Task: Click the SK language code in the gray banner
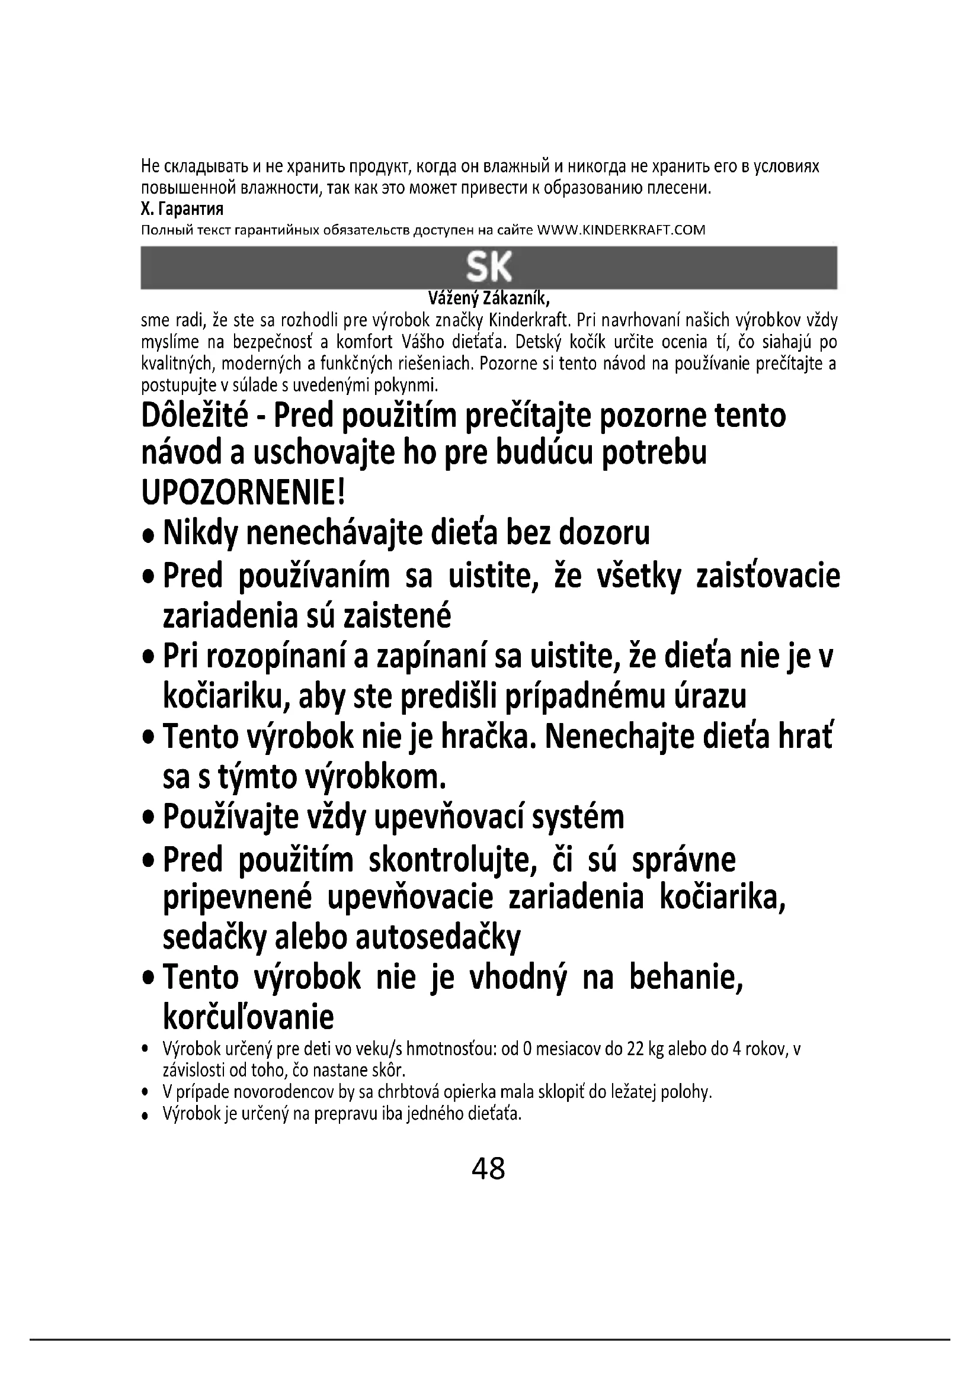[x=489, y=267]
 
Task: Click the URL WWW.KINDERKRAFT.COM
[x=621, y=230]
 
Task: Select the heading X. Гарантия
[x=182, y=209]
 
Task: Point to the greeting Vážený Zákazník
[x=489, y=298]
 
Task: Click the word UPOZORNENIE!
[x=242, y=493]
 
